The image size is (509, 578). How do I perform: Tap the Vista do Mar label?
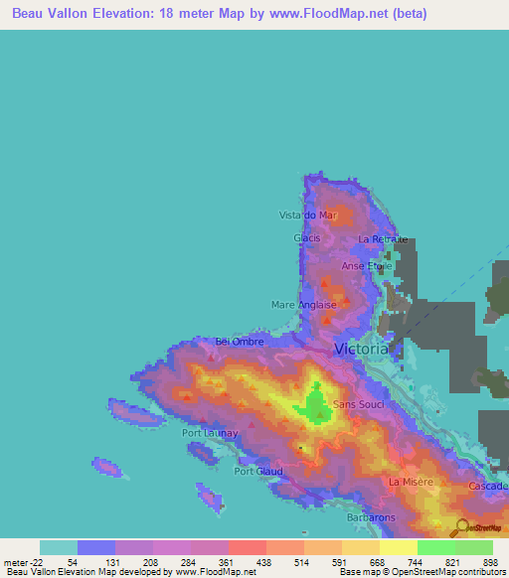pos(308,216)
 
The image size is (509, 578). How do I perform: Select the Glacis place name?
pos(306,238)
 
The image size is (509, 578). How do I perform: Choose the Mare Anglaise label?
pos(304,305)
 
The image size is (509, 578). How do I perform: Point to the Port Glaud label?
pos(256,471)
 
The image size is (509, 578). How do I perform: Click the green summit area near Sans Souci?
pos(317,405)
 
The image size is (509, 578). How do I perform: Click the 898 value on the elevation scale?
pos(488,561)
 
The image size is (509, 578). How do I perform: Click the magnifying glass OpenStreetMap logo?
pos(462,527)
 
